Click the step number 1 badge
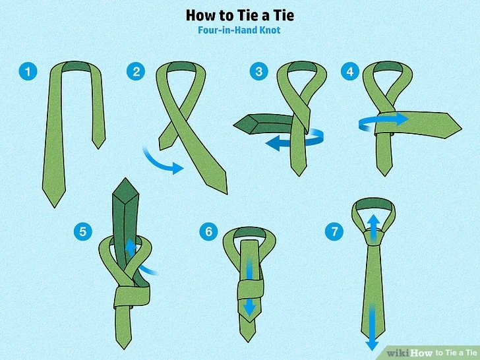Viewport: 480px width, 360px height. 28,72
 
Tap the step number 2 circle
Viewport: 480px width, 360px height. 136,72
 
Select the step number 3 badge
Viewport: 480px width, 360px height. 259,71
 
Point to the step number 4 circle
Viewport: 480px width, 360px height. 350,71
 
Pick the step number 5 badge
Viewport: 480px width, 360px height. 83,231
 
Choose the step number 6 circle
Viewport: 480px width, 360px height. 208,231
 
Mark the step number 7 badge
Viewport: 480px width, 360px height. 334,231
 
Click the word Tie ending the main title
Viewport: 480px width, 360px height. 282,15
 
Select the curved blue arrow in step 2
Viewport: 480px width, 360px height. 162,163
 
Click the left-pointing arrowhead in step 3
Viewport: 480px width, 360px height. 273,143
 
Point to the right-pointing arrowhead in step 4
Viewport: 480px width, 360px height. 402,119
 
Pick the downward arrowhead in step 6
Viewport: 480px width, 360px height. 249,309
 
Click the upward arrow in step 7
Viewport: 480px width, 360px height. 373,228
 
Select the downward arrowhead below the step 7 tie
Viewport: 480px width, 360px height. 373,345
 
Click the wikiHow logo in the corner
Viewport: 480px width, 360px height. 409,353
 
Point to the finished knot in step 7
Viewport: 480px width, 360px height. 373,238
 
